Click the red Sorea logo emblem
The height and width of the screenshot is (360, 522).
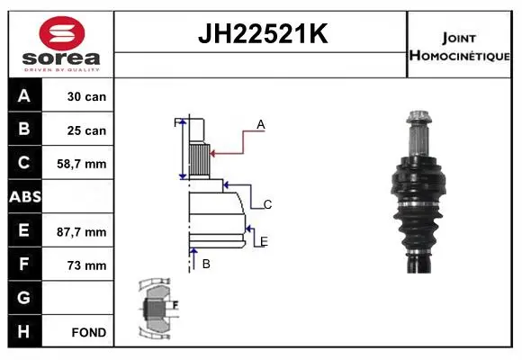tap(62, 33)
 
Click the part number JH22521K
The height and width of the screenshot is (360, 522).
tap(263, 33)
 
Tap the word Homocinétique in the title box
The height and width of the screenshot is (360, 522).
tap(459, 56)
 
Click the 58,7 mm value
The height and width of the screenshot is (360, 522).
tap(82, 164)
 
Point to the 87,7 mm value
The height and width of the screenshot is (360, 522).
tap(82, 232)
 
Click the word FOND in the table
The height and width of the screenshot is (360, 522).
tap(89, 332)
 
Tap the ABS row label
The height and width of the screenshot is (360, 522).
tap(25, 197)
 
